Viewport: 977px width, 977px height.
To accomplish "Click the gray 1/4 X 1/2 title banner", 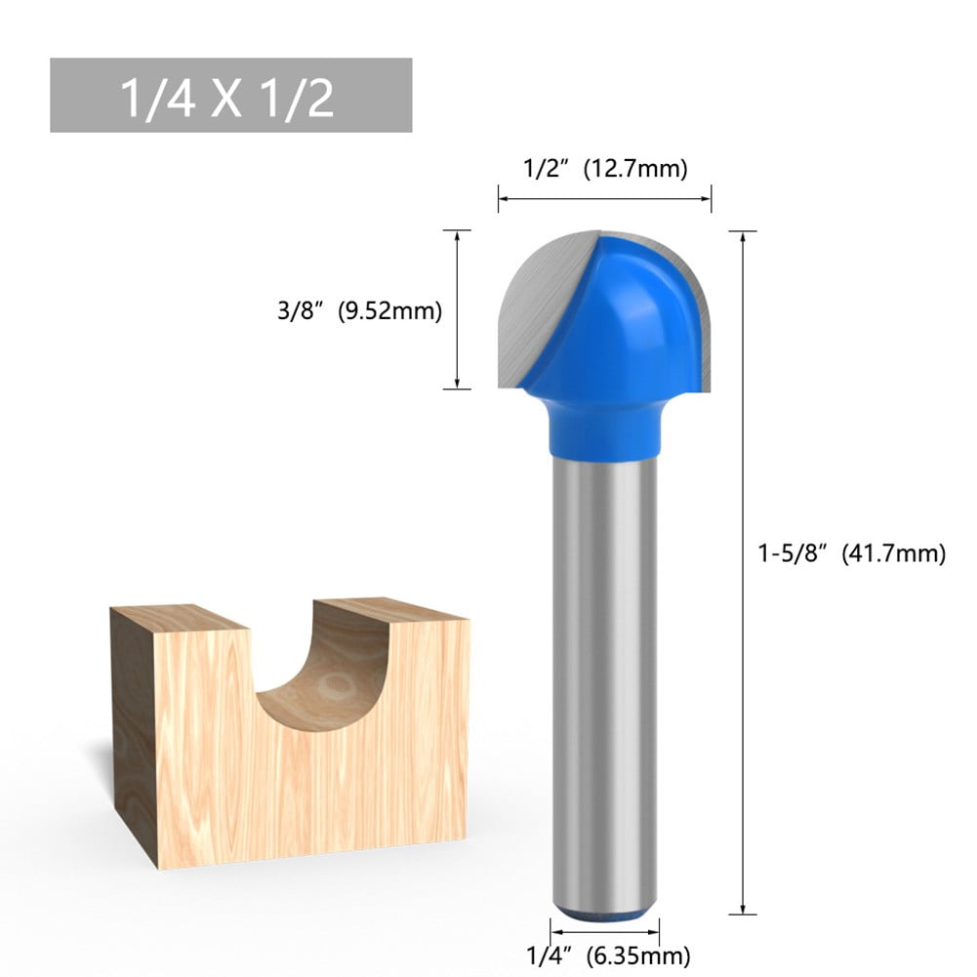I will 230,95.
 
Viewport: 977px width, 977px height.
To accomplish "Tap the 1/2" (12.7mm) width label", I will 605,169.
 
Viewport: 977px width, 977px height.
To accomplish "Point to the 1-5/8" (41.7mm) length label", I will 851,553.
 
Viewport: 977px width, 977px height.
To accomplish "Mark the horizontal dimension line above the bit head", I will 604,199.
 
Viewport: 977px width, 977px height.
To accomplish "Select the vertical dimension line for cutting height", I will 457,309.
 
